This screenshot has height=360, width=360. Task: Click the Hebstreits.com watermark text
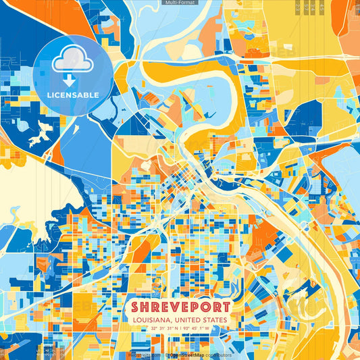[144, 355]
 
